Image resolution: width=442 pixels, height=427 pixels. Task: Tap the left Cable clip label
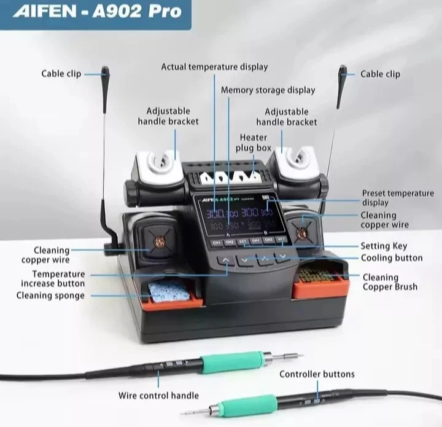61,74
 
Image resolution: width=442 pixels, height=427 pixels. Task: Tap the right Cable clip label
380,74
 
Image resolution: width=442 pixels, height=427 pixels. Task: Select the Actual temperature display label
214,66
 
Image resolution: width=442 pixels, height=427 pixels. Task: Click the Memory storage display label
268,90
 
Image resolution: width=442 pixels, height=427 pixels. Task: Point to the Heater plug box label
253,143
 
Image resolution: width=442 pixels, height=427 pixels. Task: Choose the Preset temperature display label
397,198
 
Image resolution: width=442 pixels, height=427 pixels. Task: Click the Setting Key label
384,246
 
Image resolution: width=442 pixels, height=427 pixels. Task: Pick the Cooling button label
392,258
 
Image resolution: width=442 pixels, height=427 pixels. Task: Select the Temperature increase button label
53,278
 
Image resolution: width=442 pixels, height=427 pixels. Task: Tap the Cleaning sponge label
50,296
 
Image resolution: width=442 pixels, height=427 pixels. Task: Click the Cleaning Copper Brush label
389,282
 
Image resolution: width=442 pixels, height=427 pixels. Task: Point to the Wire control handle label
158,395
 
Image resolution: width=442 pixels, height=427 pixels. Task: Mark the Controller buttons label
317,374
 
